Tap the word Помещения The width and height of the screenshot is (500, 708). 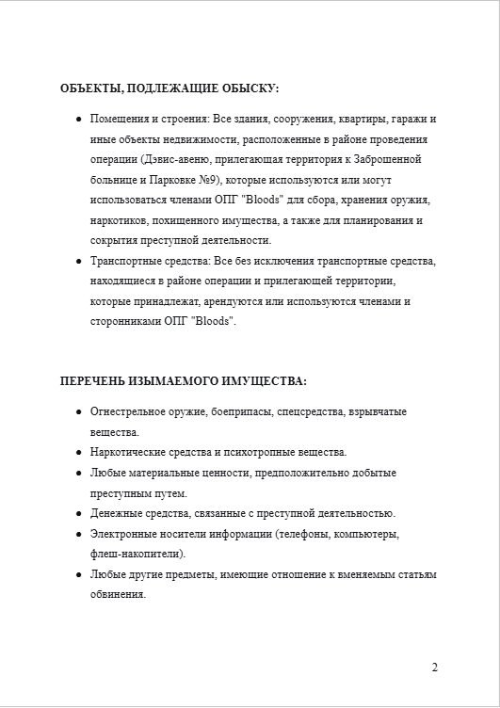point(119,120)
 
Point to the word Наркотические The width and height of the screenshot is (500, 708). point(128,452)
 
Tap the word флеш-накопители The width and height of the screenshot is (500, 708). point(136,554)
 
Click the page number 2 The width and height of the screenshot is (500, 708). point(434,668)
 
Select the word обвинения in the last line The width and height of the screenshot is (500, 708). point(118,594)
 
